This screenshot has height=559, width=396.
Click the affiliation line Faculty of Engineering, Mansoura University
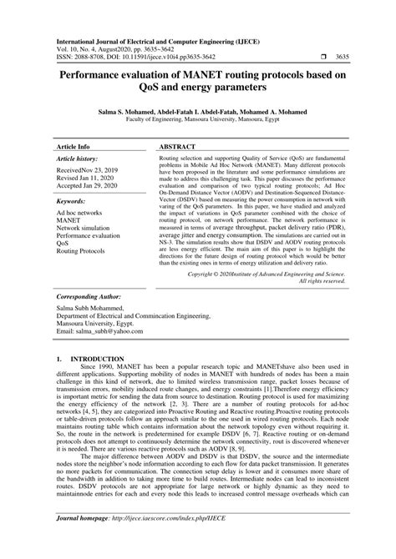(198, 120)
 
